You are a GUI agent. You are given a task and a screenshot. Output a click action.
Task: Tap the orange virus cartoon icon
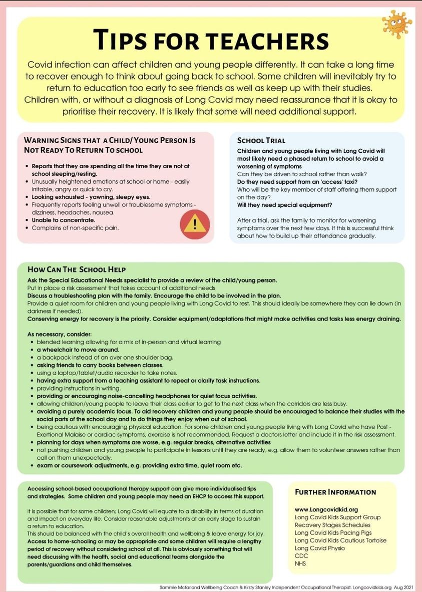[x=396, y=24]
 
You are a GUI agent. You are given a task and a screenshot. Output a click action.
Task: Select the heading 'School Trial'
[x=261, y=141]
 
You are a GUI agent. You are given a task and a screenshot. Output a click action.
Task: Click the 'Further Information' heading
[x=335, y=492]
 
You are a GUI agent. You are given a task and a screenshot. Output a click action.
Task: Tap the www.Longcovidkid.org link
[x=326, y=509]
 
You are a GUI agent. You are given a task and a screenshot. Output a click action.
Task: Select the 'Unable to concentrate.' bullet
[x=63, y=220]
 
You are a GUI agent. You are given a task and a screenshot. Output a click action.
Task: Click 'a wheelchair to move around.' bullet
[x=78, y=349]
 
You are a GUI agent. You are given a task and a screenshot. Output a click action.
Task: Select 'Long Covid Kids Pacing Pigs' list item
[x=333, y=533]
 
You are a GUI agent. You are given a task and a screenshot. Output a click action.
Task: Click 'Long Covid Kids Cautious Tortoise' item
[x=340, y=540]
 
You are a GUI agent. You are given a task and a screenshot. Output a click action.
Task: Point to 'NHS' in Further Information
[x=301, y=564]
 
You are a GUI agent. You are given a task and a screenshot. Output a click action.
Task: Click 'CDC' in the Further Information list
[x=301, y=556]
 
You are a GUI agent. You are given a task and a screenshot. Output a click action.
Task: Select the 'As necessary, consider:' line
[x=60, y=334]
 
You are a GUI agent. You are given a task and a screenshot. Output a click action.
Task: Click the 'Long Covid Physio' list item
[x=320, y=548]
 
